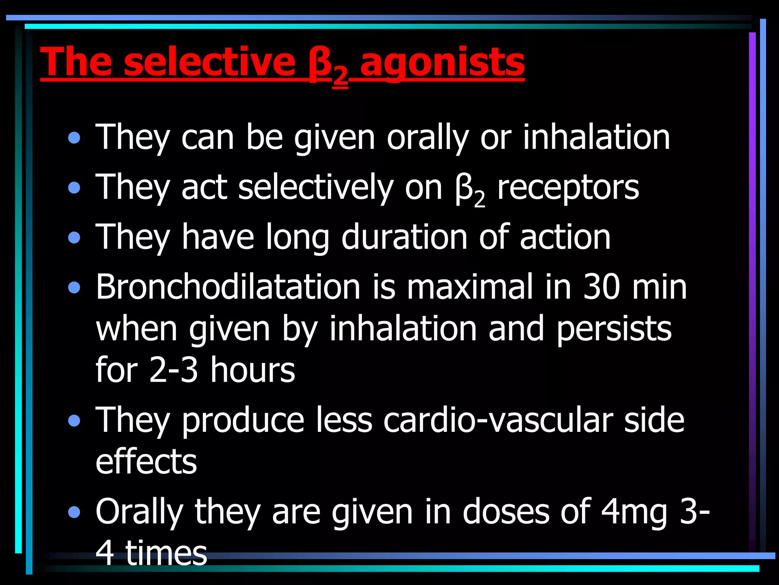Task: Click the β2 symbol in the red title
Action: click(328, 66)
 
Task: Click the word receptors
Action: click(568, 189)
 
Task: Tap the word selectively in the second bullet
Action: click(315, 188)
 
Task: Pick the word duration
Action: click(404, 237)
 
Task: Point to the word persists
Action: click(614, 330)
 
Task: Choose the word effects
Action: click(146, 462)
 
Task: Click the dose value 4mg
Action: click(634, 512)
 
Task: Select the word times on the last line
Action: click(166, 553)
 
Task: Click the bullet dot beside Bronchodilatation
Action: click(74, 288)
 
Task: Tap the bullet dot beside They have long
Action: click(74, 238)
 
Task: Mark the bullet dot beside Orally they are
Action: click(74, 512)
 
